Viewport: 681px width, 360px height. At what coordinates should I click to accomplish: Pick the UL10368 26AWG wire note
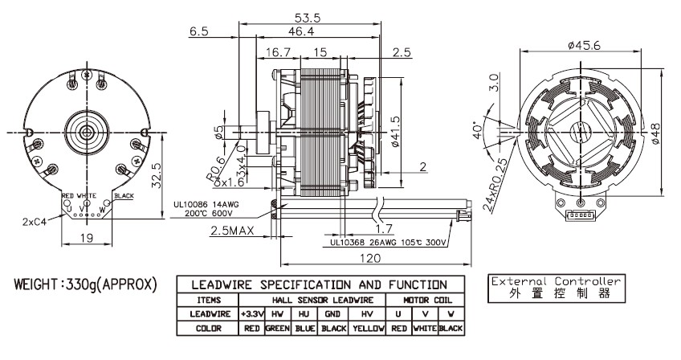tap(388, 242)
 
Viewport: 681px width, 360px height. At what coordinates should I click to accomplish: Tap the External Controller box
tap(555, 288)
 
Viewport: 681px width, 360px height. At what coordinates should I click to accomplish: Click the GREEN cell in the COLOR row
tap(277, 329)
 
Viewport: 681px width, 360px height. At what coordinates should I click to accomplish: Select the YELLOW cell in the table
tap(368, 329)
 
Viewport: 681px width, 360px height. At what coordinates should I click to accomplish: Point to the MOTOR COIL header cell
tap(425, 299)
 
